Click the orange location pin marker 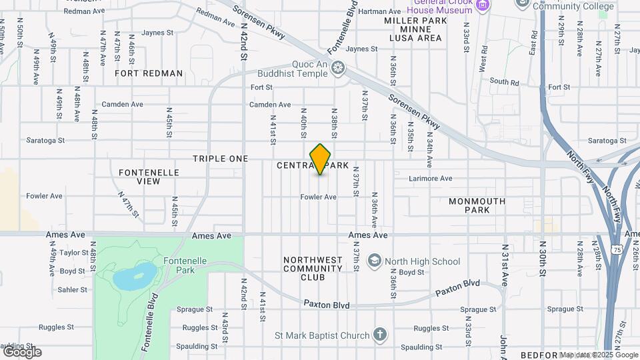pyautogui.click(x=321, y=159)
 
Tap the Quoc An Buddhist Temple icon pyautogui.click(x=339, y=67)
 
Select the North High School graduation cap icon pyautogui.click(x=375, y=261)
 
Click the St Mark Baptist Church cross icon pyautogui.click(x=379, y=334)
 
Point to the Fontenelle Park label pyautogui.click(x=180, y=265)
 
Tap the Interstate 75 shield pyautogui.click(x=617, y=249)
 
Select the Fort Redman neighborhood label pyautogui.click(x=149, y=73)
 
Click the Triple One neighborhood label pyautogui.click(x=220, y=159)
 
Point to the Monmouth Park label pyautogui.click(x=477, y=205)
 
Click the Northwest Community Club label pyautogui.click(x=313, y=269)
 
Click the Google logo pyautogui.click(x=22, y=351)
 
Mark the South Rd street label pyautogui.click(x=504, y=82)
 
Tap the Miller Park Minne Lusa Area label pyautogui.click(x=413, y=29)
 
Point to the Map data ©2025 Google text pyautogui.click(x=599, y=355)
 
